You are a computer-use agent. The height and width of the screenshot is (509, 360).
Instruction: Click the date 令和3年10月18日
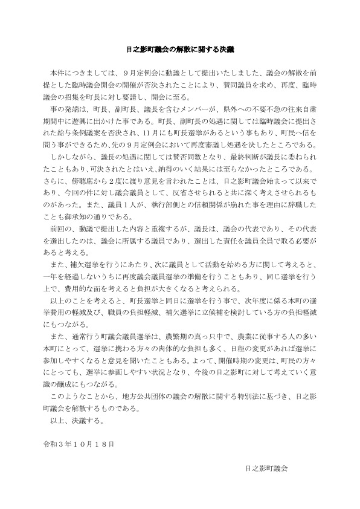(76, 443)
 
